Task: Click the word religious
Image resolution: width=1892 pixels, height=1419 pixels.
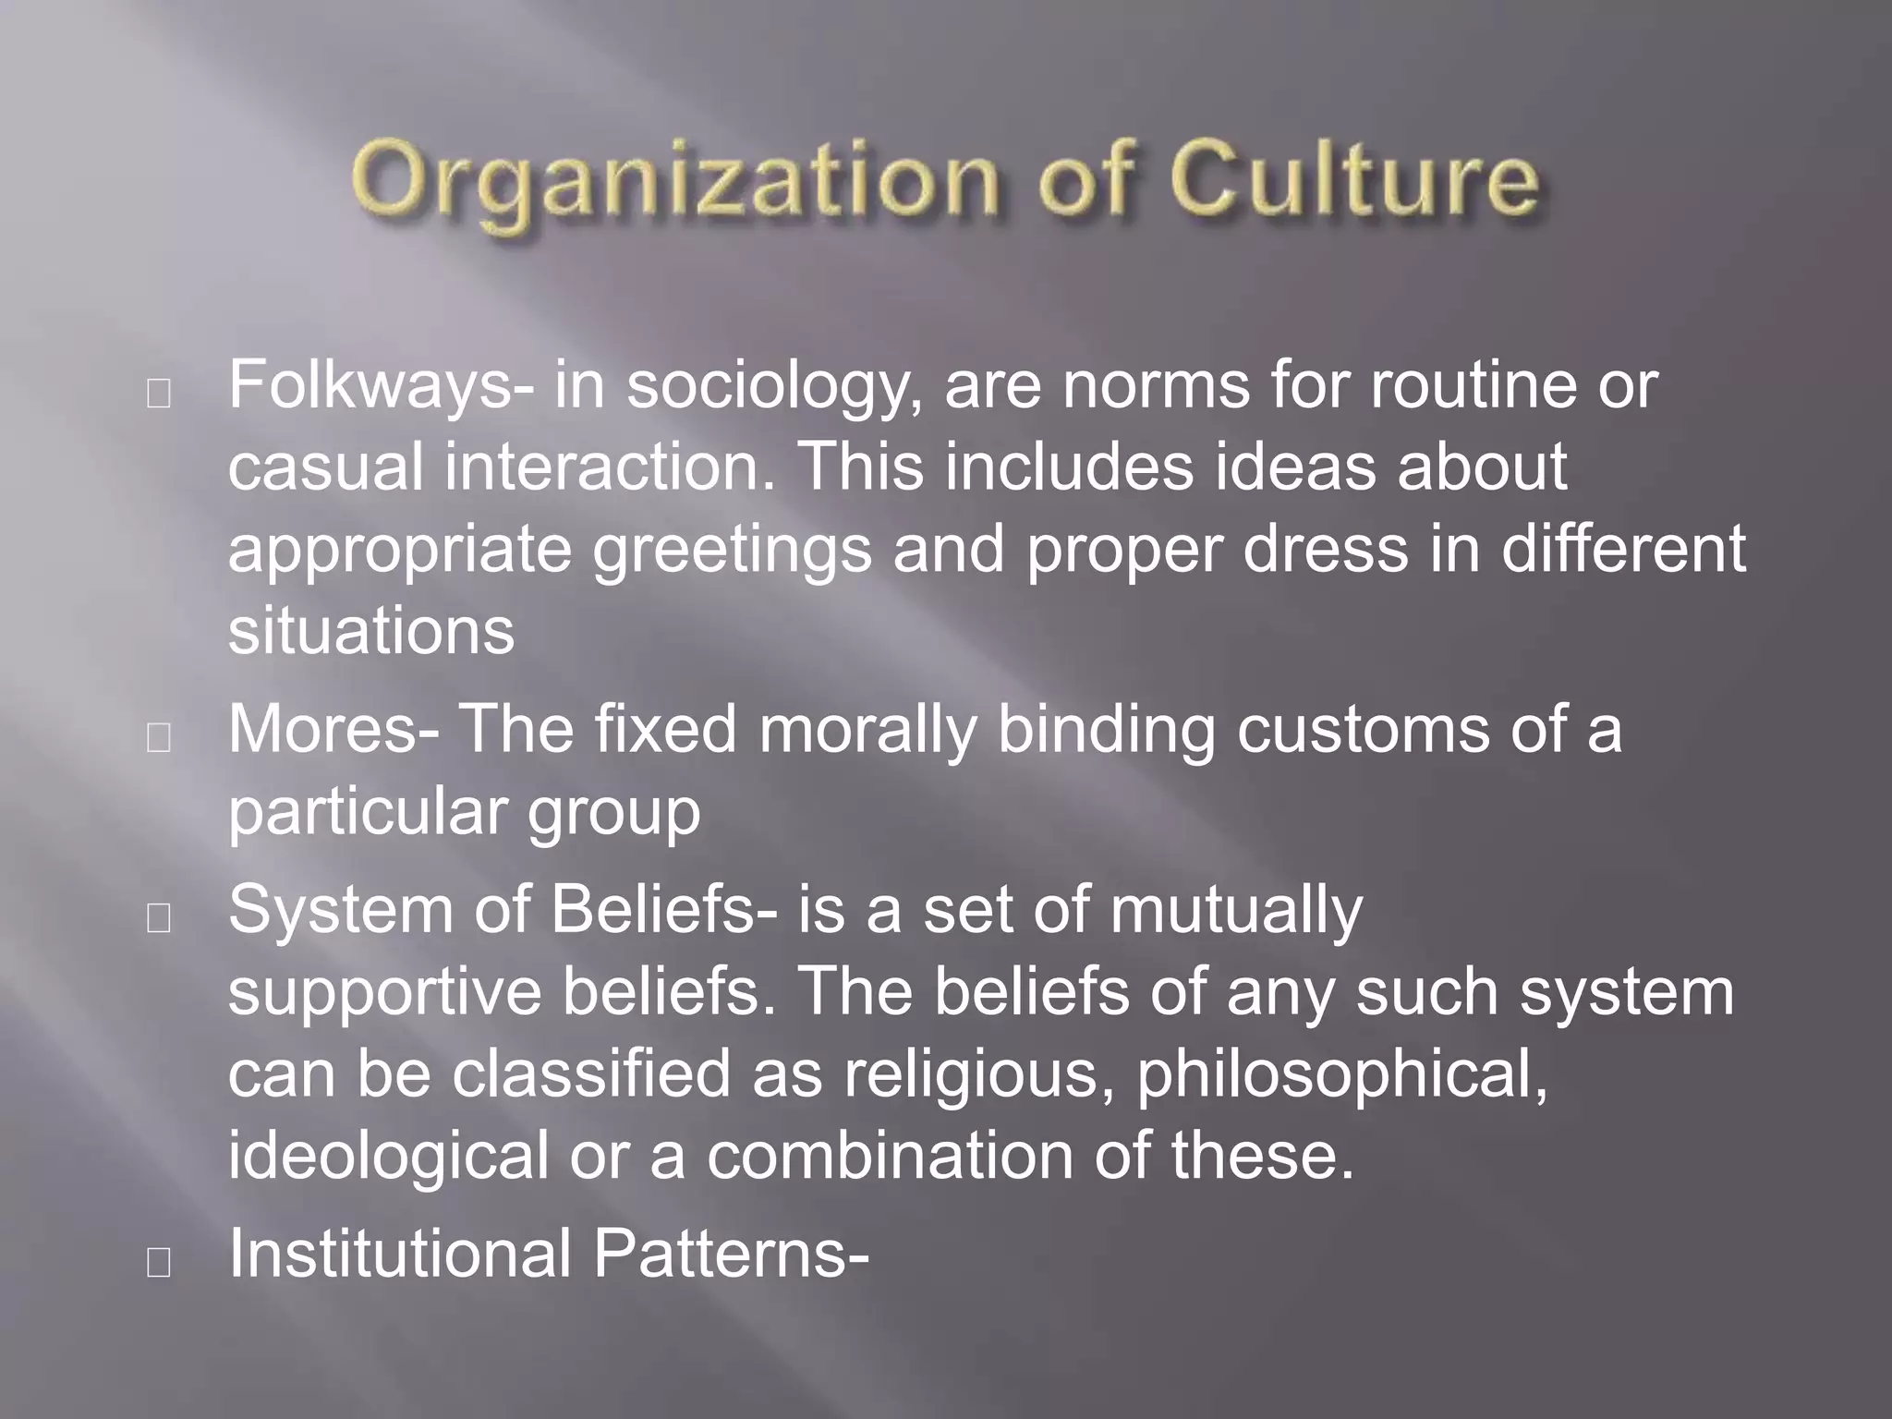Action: click(979, 1075)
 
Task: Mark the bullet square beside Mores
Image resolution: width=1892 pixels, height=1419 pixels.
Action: click(159, 738)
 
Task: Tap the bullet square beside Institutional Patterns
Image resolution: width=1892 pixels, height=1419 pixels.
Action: click(159, 1263)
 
